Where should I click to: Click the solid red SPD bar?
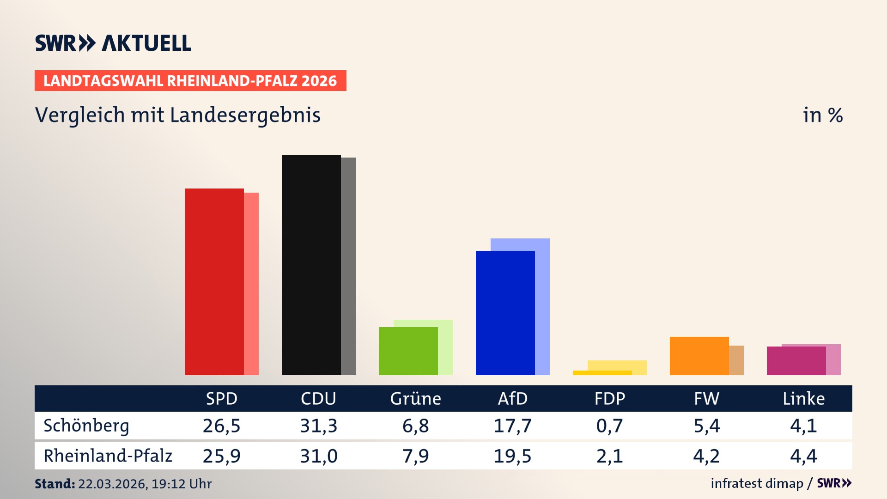pos(214,282)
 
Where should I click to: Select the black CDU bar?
pos(311,265)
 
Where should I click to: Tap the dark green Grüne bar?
pos(408,351)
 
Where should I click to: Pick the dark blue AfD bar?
pos(505,313)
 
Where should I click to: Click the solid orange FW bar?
pos(699,356)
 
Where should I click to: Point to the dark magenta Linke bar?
pos(796,361)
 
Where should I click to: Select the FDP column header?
pos(610,399)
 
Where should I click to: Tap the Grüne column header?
pos(416,399)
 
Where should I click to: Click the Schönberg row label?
pos(86,426)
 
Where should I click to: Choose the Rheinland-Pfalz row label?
pos(108,456)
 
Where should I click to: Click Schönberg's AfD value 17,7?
pos(513,426)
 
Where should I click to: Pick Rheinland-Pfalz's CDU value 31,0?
pos(319,456)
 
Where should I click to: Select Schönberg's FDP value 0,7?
pos(610,426)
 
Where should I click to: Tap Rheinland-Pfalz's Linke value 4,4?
pos(804,456)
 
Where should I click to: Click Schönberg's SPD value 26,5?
pos(222,426)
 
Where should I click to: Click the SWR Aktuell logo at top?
pos(113,43)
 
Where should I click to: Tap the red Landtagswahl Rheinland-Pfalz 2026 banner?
pos(190,81)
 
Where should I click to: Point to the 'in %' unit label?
pos(823,116)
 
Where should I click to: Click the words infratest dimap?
pos(757,483)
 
